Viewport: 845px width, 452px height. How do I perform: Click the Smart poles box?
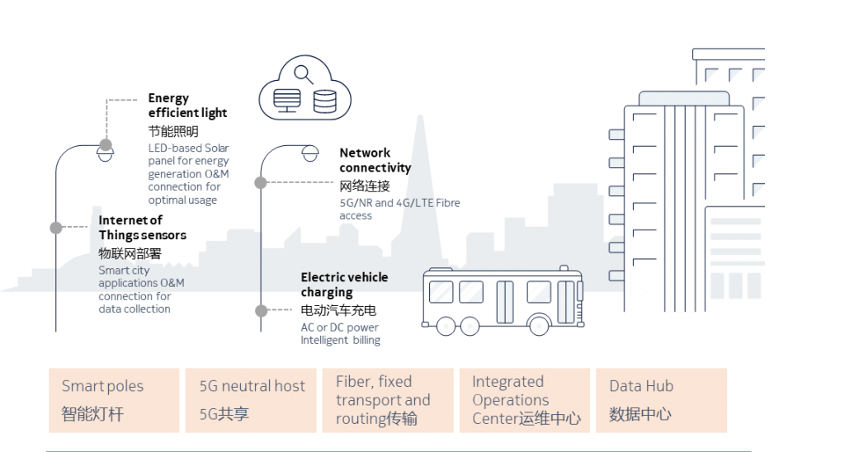tap(114, 400)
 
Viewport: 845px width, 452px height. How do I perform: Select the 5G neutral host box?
tap(252, 400)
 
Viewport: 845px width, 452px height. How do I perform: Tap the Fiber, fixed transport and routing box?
tap(387, 400)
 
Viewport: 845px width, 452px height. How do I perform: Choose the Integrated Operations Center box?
tap(525, 400)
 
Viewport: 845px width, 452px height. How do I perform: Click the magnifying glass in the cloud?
tap(302, 76)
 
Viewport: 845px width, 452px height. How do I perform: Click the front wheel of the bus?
tap(540, 324)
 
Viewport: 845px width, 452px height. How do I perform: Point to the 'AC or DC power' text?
tap(340, 327)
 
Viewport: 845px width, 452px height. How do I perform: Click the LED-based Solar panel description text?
tap(188, 174)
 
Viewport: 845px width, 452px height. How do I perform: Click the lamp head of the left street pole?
tap(105, 154)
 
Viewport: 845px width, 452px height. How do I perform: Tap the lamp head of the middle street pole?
tap(309, 153)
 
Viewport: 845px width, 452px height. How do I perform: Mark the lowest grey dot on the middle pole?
tap(261, 311)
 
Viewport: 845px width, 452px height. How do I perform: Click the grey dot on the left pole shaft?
tap(56, 228)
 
